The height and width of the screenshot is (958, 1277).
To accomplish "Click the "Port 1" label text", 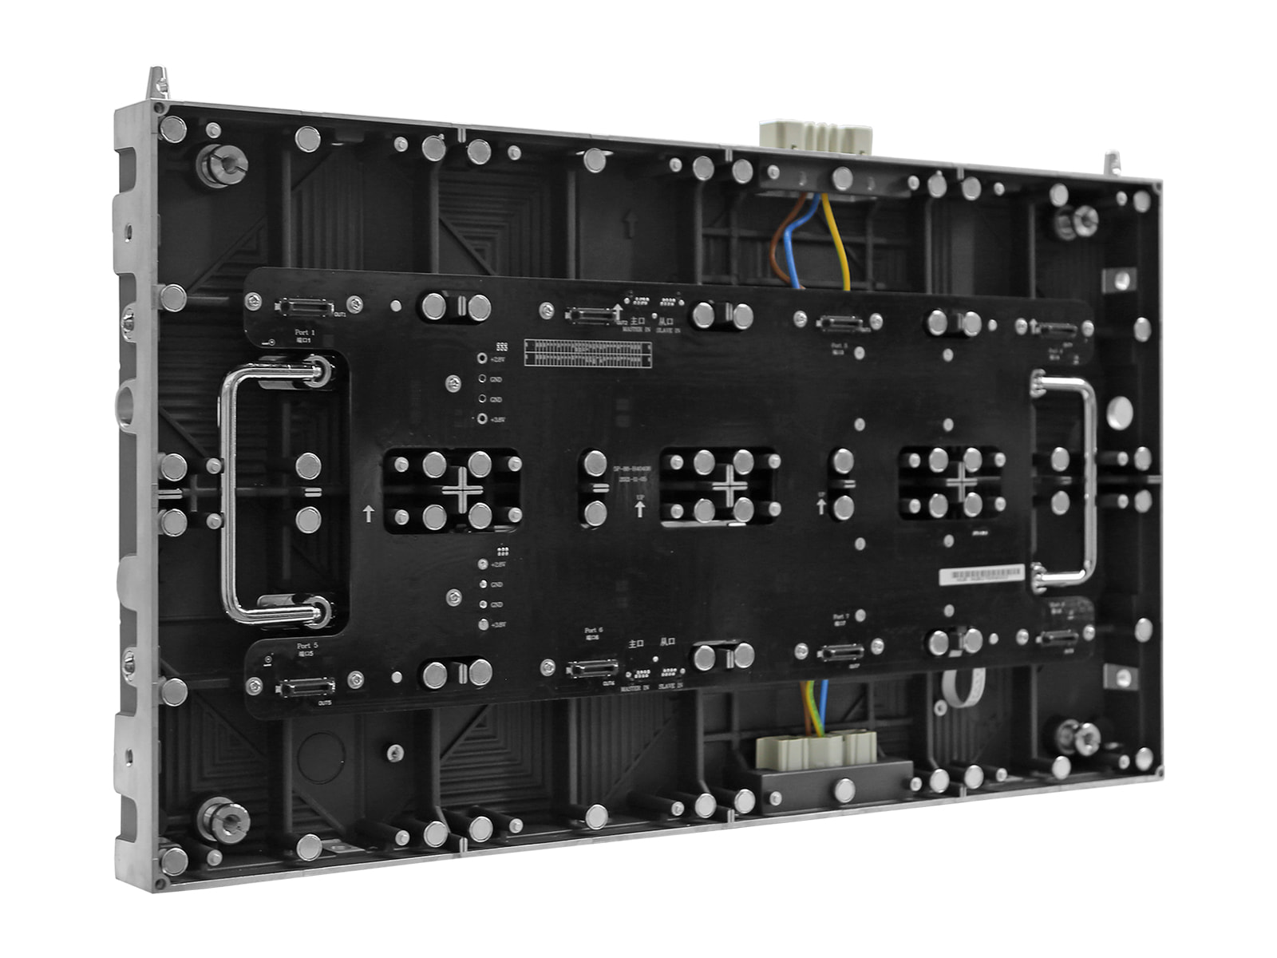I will (305, 331).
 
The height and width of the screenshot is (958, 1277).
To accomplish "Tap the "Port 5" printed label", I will (307, 645).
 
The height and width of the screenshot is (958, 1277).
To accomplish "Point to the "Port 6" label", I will (593, 630).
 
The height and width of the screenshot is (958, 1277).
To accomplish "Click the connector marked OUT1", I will (304, 307).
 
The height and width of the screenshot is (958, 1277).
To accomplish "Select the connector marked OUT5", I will (304, 687).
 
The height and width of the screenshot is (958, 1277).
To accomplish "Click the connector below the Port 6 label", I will (591, 667).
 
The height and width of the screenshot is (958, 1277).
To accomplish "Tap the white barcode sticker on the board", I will (981, 574).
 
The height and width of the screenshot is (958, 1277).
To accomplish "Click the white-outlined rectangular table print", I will (587, 353).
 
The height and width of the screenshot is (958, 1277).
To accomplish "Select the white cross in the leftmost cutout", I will (462, 489).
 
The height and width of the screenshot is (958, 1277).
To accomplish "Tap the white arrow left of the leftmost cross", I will (368, 513).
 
